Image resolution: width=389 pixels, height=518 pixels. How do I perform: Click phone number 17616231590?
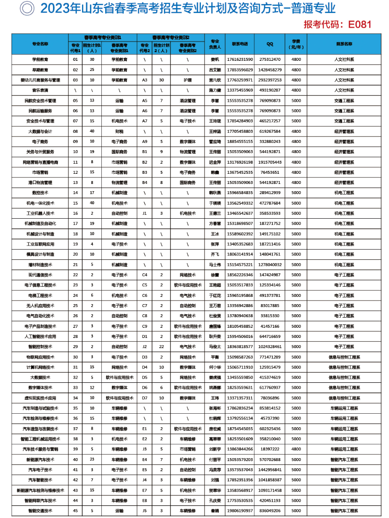(239, 59)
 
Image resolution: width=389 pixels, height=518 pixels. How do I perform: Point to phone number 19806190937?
(239, 510)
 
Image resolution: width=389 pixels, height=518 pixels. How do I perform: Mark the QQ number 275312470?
(270, 59)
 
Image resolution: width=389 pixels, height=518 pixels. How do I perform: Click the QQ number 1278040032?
(270, 265)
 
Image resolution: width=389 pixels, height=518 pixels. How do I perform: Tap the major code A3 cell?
(144, 80)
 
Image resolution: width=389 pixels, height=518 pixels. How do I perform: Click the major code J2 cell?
(144, 347)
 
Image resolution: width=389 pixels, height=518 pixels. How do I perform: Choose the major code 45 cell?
(75, 510)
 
